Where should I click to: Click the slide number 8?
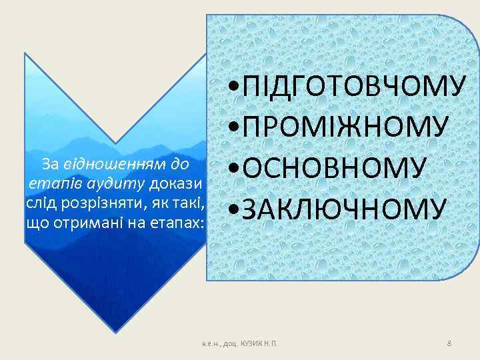coord(449,343)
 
